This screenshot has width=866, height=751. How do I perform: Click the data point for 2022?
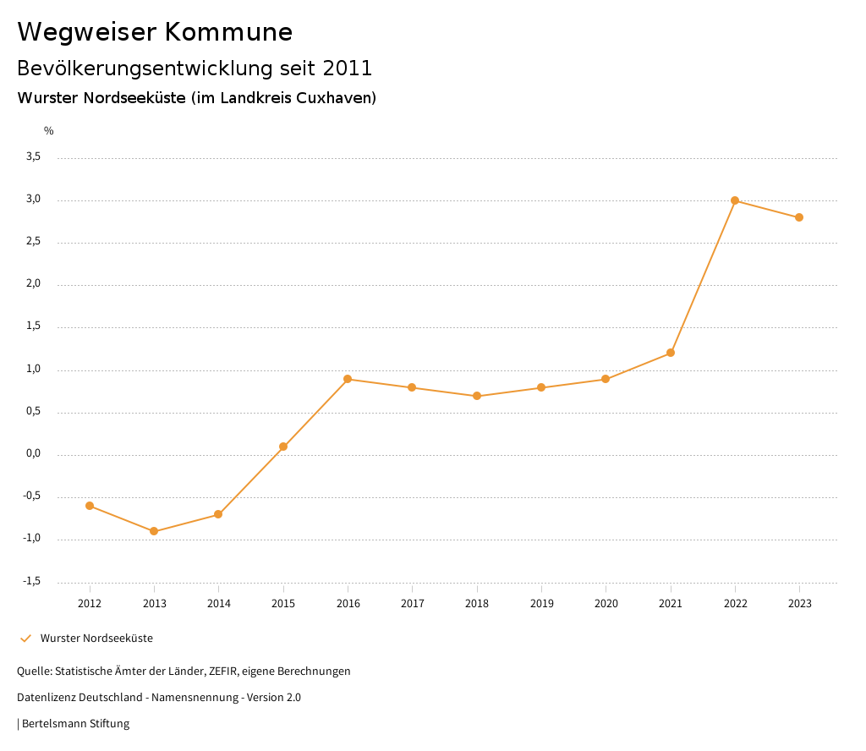pos(735,200)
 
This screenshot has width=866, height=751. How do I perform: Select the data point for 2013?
pos(154,531)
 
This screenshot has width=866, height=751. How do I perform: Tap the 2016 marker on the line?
pos(348,379)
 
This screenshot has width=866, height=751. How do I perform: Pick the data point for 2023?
pos(799,217)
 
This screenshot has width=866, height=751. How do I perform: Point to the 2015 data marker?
pos(283,447)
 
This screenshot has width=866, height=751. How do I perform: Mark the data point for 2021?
pos(671,353)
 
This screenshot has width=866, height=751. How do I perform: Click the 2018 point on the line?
pos(477,396)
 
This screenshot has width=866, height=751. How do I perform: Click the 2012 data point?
pos(90,506)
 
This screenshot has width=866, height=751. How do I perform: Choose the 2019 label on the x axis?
pos(541,604)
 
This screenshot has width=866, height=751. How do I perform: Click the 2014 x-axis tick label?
pos(218,604)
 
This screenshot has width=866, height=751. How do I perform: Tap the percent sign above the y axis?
pos(49,131)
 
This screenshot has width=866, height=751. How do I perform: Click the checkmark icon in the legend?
pos(25,639)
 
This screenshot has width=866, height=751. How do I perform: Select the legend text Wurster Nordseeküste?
pos(96,639)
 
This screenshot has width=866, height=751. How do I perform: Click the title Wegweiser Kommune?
pos(155,32)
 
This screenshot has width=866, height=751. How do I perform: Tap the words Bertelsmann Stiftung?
pos(75,724)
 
